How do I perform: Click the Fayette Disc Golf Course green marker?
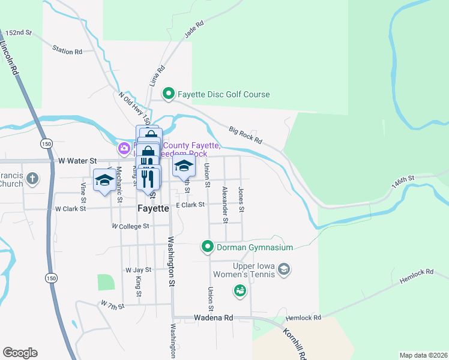[169, 94]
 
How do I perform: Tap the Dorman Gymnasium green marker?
[207, 247]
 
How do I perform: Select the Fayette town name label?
[152, 209]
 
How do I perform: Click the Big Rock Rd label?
[246, 135]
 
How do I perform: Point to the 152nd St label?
[19, 32]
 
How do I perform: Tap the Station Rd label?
[67, 51]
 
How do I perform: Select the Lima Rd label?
[158, 76]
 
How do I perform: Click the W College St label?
[130, 226]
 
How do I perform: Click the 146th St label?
[403, 182]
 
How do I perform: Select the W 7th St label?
[112, 305]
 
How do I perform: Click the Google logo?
[20, 353]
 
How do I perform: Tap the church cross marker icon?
[32, 178]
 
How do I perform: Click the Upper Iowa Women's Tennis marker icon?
[285, 270]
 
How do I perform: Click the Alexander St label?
[225, 205]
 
